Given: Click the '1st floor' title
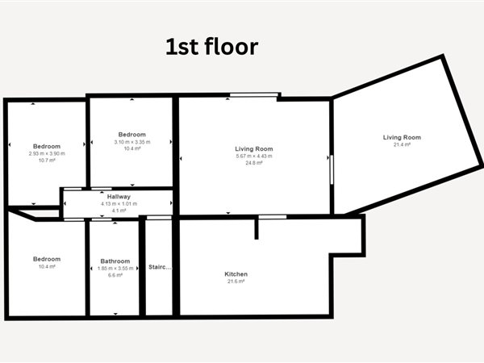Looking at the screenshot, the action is (x=211, y=47).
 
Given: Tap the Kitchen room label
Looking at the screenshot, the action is (x=236, y=274).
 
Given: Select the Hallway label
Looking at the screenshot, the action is (x=119, y=197).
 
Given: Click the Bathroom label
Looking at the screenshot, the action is (x=115, y=261).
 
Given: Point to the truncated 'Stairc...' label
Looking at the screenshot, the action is (x=160, y=267).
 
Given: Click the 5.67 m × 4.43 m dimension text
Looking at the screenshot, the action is (x=254, y=156).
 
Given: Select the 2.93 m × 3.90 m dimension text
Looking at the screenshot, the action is (x=47, y=153).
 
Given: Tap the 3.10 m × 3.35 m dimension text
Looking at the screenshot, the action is (x=132, y=142).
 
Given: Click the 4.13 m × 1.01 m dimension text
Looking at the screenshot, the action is (x=119, y=204).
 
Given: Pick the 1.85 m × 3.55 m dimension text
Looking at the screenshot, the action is (x=115, y=269).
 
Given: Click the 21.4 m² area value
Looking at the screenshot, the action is (x=402, y=144).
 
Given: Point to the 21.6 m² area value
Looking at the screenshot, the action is (x=236, y=282).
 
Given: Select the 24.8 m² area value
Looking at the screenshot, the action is (x=254, y=163).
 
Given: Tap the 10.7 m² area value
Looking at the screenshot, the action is (x=47, y=161).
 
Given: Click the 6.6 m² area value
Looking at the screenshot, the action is (x=115, y=275).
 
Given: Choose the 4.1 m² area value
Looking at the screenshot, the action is (x=119, y=211).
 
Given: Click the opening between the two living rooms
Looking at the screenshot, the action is (x=332, y=169).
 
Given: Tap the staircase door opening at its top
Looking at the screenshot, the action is (x=159, y=218).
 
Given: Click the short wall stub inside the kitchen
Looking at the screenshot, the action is (x=257, y=229).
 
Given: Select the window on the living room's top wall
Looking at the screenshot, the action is (x=254, y=94).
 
